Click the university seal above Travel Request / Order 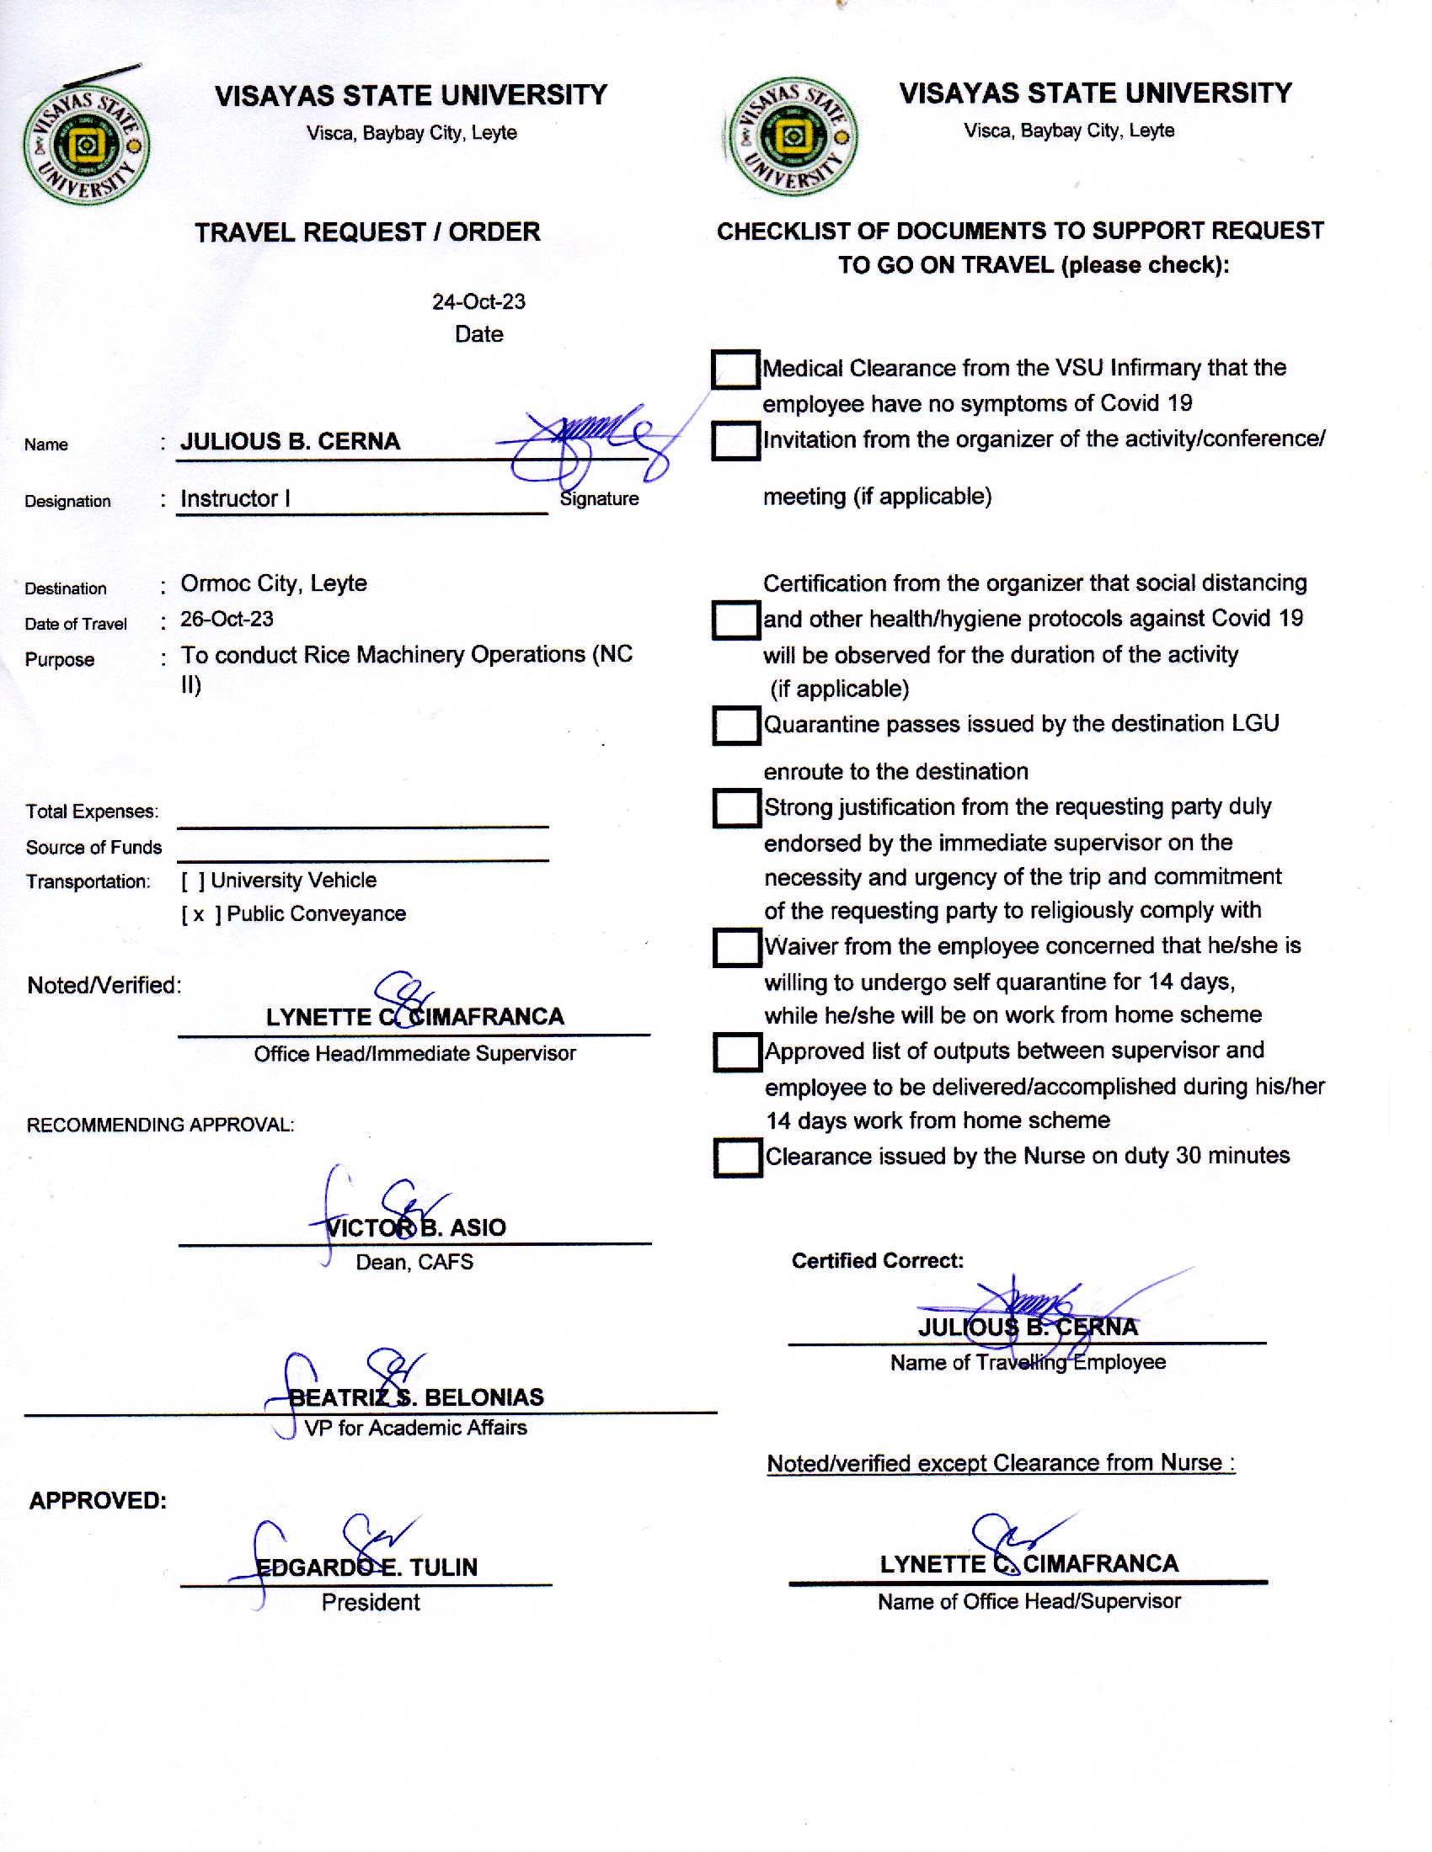pyautogui.click(x=87, y=145)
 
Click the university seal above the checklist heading pyautogui.click(x=793, y=136)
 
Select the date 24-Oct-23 pyautogui.click(x=478, y=302)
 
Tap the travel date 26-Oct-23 pyautogui.click(x=227, y=619)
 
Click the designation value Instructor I pyautogui.click(x=235, y=498)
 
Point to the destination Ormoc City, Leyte pyautogui.click(x=273, y=583)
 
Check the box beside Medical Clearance pyautogui.click(x=735, y=370)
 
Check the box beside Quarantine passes pyautogui.click(x=735, y=726)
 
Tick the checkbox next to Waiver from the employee pyautogui.click(x=736, y=948)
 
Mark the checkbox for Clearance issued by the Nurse pyautogui.click(x=737, y=1158)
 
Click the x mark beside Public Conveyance pyautogui.click(x=199, y=915)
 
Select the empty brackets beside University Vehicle pyautogui.click(x=193, y=881)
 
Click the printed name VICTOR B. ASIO pyautogui.click(x=415, y=1227)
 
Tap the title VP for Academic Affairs pyautogui.click(x=415, y=1428)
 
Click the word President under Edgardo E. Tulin pyautogui.click(x=371, y=1602)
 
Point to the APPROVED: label pyautogui.click(x=98, y=1500)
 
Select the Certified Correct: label pyautogui.click(x=877, y=1261)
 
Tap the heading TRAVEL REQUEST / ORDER pyautogui.click(x=367, y=232)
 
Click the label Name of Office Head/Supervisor pyautogui.click(x=1029, y=1601)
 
